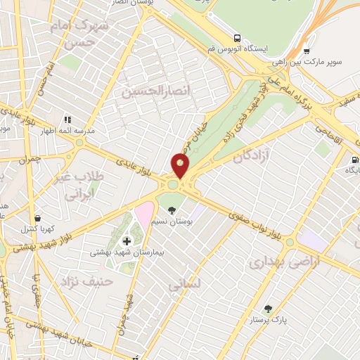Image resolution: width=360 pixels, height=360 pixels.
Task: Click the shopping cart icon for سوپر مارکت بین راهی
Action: pos(306,51)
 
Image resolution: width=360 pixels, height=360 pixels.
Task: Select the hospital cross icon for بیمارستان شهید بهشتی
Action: pos(127,241)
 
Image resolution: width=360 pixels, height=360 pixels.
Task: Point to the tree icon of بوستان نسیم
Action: pos(172,209)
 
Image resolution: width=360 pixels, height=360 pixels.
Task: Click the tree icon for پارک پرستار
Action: pos(267,308)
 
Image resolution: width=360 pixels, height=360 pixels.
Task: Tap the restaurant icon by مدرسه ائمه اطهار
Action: pos(67,120)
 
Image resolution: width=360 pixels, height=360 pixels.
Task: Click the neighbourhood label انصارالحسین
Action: pos(147,91)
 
